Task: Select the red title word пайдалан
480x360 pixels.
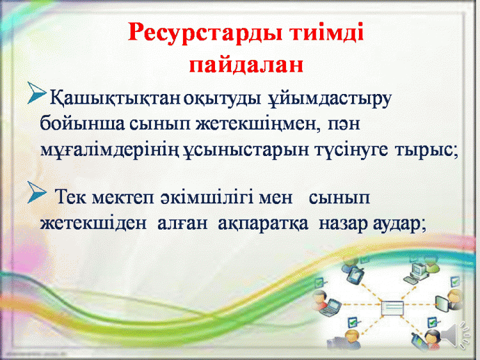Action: (x=246, y=65)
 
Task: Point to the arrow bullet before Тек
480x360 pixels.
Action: (x=37, y=192)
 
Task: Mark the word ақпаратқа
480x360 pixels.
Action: (x=263, y=224)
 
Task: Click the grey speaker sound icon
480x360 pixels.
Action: (x=455, y=334)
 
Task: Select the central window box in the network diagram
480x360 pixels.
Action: (x=392, y=308)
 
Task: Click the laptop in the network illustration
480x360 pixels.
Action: (x=330, y=307)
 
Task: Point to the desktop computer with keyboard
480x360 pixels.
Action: (x=415, y=272)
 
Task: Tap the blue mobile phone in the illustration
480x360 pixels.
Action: (x=417, y=340)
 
